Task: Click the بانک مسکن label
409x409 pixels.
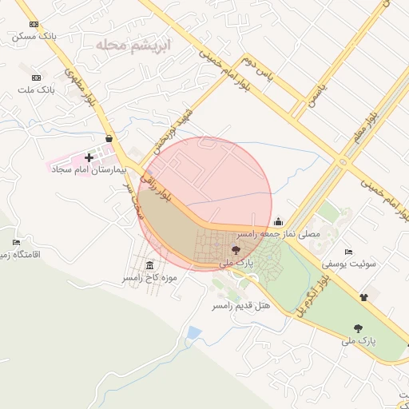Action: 34,37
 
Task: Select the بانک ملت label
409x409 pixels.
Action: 34,90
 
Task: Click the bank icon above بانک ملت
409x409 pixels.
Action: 36,79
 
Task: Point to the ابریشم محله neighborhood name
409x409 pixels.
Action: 133,43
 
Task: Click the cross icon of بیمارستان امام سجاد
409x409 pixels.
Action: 89,157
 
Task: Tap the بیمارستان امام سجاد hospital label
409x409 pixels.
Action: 85,169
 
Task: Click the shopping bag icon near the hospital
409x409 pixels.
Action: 109,138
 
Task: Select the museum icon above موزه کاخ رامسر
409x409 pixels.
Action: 150,266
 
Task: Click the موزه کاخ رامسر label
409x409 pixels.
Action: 149,278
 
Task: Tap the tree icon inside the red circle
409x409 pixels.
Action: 236,250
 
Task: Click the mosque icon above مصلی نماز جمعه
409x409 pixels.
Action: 277,222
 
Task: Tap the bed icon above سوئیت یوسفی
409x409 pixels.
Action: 347,252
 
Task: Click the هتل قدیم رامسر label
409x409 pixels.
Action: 241,305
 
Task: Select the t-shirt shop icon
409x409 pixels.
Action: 364,296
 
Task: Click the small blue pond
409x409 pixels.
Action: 193,332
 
